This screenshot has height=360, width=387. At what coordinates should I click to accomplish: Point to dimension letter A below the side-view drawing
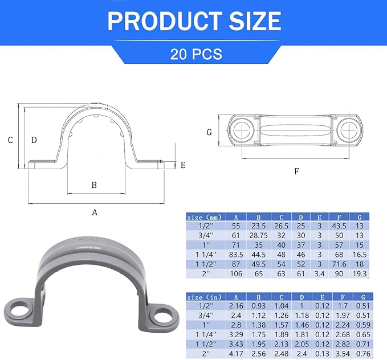[95, 212]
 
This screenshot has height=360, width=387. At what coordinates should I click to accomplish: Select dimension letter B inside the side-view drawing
[94, 185]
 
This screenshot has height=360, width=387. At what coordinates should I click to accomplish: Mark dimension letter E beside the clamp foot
[183, 165]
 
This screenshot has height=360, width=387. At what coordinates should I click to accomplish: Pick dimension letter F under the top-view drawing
[296, 171]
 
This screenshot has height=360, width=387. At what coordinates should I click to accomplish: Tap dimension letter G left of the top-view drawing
[209, 132]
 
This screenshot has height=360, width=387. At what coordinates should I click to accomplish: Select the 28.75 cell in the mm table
[259, 236]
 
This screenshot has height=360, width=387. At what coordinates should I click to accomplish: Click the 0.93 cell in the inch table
[259, 306]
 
